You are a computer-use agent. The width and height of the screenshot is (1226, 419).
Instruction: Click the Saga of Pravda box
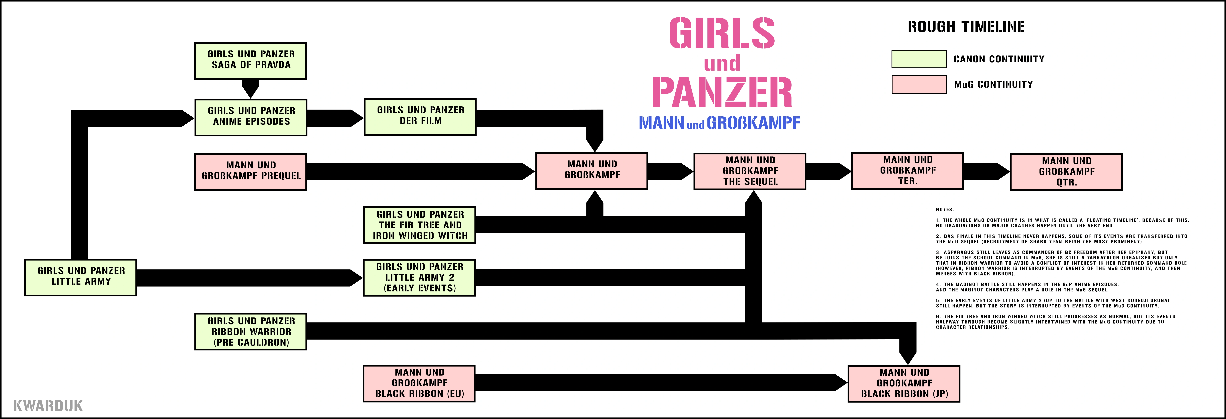click(250, 61)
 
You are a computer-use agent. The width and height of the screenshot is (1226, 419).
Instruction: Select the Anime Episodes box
click(251, 117)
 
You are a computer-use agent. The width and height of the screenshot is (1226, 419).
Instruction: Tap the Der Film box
click(420, 117)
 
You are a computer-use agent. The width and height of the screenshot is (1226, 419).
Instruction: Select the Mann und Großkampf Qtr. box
click(1066, 172)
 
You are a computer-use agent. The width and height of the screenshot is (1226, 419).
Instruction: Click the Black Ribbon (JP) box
click(904, 383)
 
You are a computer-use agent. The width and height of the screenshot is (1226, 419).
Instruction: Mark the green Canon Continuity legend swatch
click(919, 59)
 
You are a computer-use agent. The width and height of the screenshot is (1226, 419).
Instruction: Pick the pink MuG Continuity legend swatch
click(919, 84)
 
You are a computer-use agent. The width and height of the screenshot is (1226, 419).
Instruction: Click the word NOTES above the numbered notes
click(944, 209)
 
